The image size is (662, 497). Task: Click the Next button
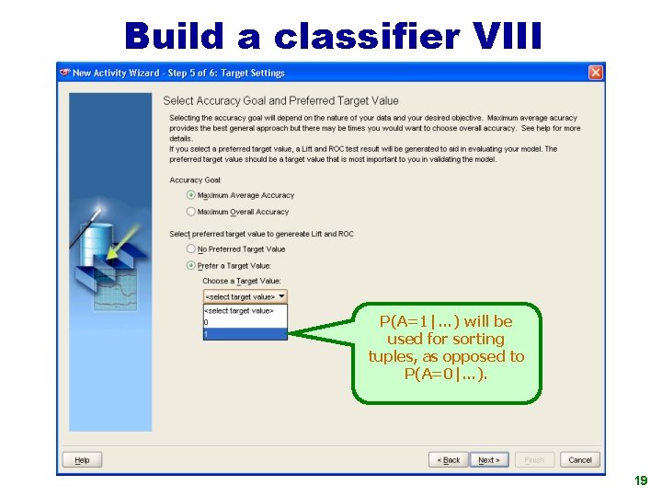point(488,460)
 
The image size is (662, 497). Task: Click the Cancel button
point(580,460)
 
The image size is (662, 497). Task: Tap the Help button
point(82,460)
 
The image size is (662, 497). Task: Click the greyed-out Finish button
point(534,460)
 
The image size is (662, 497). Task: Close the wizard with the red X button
point(596,72)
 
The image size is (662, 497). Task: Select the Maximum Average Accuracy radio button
point(191,195)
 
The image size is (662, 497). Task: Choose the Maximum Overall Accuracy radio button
point(191,212)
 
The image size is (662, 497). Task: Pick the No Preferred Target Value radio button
point(191,248)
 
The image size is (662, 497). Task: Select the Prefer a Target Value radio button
point(191,265)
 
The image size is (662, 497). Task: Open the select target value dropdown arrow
point(281,296)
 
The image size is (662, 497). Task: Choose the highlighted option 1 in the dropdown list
point(245,334)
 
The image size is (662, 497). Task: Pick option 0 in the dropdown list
point(245,322)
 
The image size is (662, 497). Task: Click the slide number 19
point(641,480)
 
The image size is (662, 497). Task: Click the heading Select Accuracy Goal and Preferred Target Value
point(280,100)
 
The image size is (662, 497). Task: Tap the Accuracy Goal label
point(196,180)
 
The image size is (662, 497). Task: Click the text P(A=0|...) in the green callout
point(446,374)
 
